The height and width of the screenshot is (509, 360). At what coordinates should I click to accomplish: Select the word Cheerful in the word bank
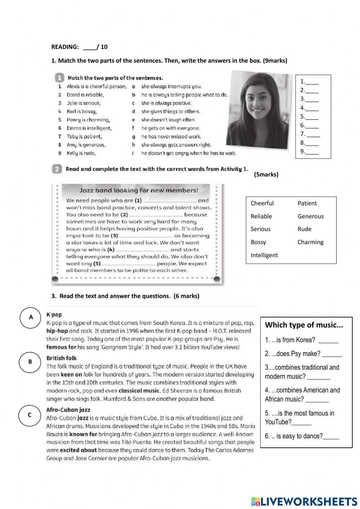[x=262, y=203]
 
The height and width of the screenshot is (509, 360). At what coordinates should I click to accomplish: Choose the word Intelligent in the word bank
[x=264, y=255]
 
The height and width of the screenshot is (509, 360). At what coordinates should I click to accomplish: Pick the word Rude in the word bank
[x=304, y=229]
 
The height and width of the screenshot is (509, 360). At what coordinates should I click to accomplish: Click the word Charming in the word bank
[x=310, y=242]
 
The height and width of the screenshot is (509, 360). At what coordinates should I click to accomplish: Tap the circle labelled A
[x=31, y=317]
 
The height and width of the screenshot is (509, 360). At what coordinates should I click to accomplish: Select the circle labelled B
[x=30, y=362]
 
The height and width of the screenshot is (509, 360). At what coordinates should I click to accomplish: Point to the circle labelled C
[x=30, y=415]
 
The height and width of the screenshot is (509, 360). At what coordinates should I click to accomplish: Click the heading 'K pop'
[x=54, y=315]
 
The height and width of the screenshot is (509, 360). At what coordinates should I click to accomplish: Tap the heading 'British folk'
[x=61, y=358]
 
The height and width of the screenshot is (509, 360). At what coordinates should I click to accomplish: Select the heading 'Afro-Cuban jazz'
[x=68, y=410]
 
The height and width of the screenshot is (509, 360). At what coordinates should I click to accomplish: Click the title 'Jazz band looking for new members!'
[x=139, y=191]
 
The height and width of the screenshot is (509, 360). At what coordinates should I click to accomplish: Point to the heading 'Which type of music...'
[x=304, y=325]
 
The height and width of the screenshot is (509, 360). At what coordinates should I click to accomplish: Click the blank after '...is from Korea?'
[x=328, y=340]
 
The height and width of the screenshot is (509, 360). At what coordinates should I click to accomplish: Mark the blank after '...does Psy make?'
[x=332, y=354]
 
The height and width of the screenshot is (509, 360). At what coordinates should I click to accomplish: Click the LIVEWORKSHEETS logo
[x=304, y=501]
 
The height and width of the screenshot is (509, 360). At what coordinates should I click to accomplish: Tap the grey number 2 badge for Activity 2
[x=57, y=169]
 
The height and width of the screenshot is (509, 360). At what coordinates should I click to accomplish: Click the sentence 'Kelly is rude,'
[x=81, y=153]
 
